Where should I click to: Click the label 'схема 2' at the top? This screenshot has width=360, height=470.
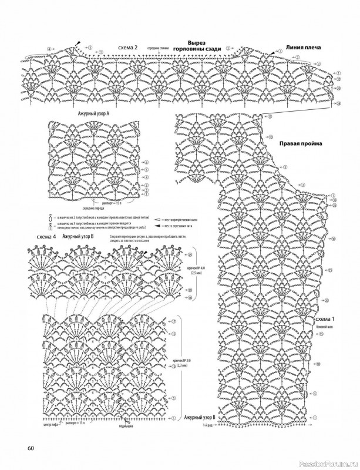click(x=127, y=48)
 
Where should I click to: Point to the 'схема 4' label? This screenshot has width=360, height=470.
click(x=45, y=236)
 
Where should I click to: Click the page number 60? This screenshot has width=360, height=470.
click(x=31, y=450)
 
